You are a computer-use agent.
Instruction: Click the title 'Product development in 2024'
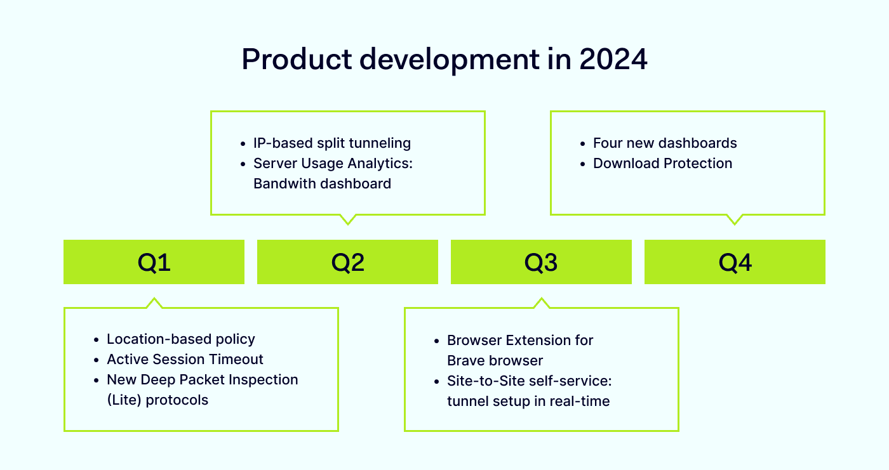pyautogui.click(x=444, y=60)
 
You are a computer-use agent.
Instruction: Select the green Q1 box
pyautogui.click(x=154, y=262)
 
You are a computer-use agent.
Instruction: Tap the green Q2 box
pyautogui.click(x=347, y=262)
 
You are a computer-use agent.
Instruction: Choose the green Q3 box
pyautogui.click(x=541, y=262)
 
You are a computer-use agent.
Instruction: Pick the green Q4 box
pyautogui.click(x=735, y=262)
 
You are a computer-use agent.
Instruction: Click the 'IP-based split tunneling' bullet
pyautogui.click(x=331, y=143)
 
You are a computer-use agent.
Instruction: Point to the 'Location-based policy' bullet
pyautogui.click(x=180, y=339)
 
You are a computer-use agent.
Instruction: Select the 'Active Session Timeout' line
pyautogui.click(x=185, y=360)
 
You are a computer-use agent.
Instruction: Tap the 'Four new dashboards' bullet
pyautogui.click(x=665, y=143)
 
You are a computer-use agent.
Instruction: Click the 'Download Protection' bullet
pyautogui.click(x=662, y=164)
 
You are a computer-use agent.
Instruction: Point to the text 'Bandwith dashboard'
pyautogui.click(x=322, y=184)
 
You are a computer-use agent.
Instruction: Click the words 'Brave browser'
pyautogui.click(x=495, y=361)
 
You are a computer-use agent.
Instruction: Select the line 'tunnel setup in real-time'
pyautogui.click(x=528, y=401)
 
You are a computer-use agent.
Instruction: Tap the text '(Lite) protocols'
pyautogui.click(x=157, y=400)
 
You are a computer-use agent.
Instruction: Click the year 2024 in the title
pyautogui.click(x=613, y=60)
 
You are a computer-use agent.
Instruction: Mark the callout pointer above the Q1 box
pyautogui.click(x=154, y=302)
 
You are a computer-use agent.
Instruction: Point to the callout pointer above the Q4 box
pyautogui.click(x=734, y=219)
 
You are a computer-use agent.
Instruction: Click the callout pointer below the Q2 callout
pyautogui.click(x=347, y=219)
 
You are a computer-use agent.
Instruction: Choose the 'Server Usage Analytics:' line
pyautogui.click(x=333, y=164)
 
